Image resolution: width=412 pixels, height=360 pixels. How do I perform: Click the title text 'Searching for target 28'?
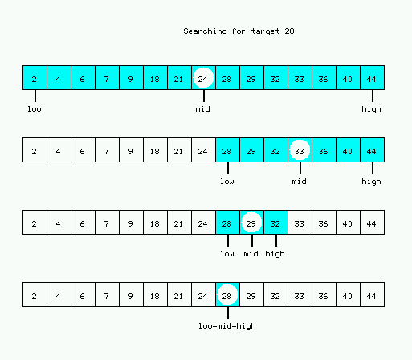point(239,31)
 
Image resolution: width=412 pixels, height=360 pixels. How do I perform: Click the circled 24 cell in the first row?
point(203,78)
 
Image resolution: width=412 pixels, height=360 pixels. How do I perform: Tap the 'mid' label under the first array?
point(203,109)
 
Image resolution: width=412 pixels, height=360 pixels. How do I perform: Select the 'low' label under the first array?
point(35,109)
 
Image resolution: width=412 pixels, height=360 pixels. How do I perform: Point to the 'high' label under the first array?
point(371,109)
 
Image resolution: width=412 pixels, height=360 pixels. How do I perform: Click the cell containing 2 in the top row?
point(35,78)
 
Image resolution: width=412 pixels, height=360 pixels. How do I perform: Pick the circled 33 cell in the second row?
point(300,150)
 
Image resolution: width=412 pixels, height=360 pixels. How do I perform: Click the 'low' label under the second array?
point(227,182)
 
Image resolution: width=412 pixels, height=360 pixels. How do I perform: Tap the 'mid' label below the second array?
point(300,182)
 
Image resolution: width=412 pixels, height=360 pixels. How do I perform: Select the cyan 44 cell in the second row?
point(373,150)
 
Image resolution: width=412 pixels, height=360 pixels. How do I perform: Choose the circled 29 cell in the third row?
point(251,223)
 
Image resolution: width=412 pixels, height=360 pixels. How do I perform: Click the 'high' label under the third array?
point(275,254)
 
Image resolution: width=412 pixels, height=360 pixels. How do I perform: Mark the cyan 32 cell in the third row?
point(275,223)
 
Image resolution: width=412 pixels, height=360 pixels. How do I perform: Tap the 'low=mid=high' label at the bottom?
point(227,326)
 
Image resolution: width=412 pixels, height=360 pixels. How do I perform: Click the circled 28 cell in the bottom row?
point(227,295)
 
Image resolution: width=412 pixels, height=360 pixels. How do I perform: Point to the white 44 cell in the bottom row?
point(373,295)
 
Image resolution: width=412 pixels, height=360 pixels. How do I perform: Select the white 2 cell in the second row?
point(35,150)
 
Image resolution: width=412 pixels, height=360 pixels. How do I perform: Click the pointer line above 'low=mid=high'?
point(228,313)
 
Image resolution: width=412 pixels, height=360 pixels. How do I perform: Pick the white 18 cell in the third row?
point(155,223)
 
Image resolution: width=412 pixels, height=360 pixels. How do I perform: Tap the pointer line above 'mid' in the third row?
point(252,240)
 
